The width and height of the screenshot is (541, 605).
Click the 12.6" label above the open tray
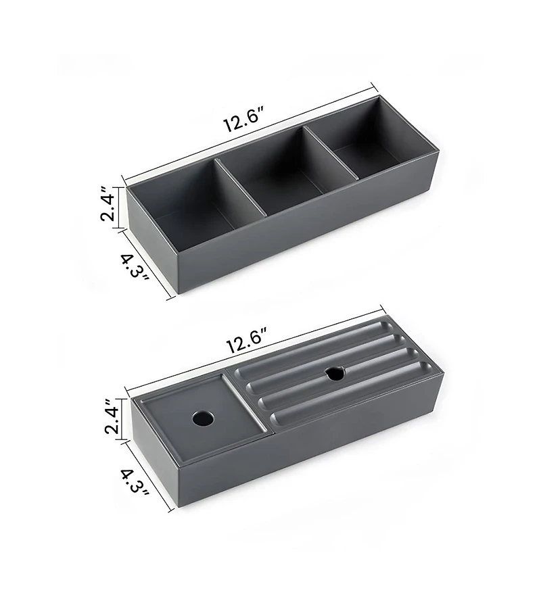point(244,120)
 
